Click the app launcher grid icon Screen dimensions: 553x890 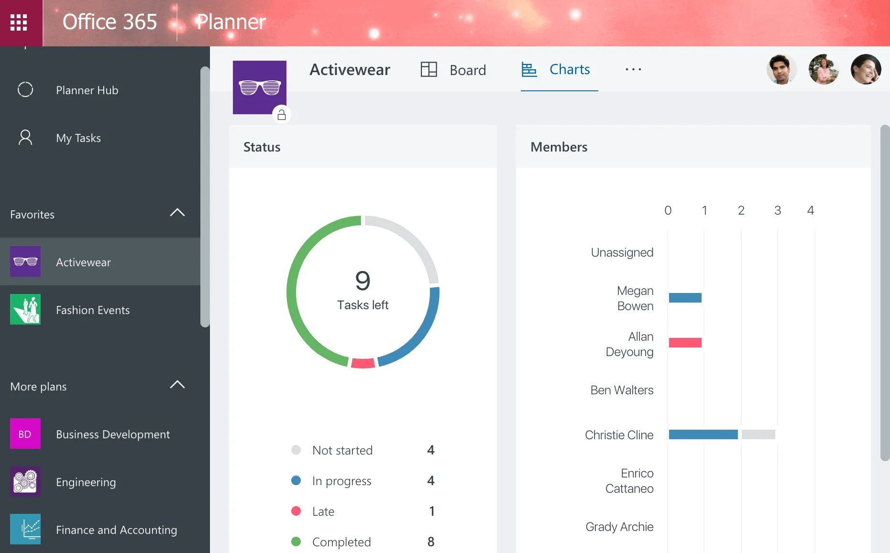pos(19,22)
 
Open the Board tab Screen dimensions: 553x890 pos(453,70)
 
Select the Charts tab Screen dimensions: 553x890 pos(556,70)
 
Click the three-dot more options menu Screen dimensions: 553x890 pos(633,70)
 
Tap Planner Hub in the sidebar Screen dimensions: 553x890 pos(87,90)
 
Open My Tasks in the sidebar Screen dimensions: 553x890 pos(78,138)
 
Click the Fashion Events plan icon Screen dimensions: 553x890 pos(25,309)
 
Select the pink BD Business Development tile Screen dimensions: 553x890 pos(25,434)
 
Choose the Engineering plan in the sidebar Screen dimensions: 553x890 pos(86,482)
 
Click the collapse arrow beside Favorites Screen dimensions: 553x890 pos(177,213)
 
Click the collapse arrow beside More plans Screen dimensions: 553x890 pos(177,385)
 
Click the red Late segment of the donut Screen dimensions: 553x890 pos(363,363)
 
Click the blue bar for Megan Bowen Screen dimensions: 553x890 pos(685,298)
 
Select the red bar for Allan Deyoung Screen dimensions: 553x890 pos(685,343)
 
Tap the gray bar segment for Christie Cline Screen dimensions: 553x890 pos(758,434)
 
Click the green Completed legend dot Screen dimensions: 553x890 pos(296,542)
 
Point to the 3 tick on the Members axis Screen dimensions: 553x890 pos(778,210)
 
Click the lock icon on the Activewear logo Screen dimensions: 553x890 pos(282,115)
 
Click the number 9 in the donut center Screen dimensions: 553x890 pos(363,281)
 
